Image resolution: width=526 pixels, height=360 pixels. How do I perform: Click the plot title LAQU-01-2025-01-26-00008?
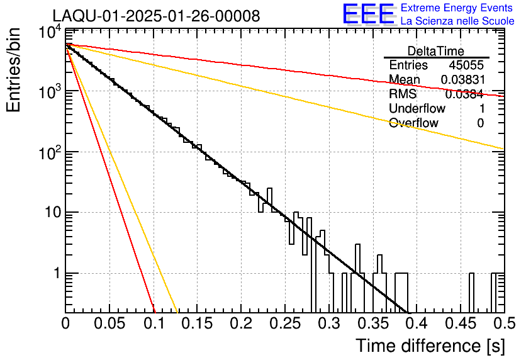click(156, 16)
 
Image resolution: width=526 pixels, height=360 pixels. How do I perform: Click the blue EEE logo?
click(369, 14)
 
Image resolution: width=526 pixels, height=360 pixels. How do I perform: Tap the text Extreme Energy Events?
click(457, 8)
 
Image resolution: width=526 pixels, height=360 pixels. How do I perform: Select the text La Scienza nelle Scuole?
click(457, 21)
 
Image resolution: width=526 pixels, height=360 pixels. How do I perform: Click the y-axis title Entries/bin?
click(13, 70)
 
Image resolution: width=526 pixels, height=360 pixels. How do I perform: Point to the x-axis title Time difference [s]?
click(430, 346)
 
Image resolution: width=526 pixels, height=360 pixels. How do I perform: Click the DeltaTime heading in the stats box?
click(436, 52)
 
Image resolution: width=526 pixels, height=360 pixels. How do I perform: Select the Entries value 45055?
click(466, 65)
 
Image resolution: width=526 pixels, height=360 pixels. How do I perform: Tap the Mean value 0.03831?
click(463, 79)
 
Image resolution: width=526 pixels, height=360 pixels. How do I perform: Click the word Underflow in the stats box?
click(417, 108)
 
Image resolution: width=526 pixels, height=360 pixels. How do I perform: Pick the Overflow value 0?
click(481, 123)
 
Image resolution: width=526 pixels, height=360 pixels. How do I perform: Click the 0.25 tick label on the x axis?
click(284, 323)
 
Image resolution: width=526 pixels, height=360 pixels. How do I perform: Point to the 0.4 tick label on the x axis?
click(417, 323)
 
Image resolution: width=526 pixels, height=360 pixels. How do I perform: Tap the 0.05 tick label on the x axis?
click(109, 323)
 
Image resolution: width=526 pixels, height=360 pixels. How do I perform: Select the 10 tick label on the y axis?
click(53, 212)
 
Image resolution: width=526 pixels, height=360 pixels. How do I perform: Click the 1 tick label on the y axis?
click(57, 273)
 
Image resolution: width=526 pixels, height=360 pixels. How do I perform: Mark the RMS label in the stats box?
click(403, 94)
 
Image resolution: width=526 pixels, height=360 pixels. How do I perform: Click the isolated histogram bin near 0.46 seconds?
click(471, 292)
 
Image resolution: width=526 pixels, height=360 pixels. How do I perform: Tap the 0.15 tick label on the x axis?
click(197, 323)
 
